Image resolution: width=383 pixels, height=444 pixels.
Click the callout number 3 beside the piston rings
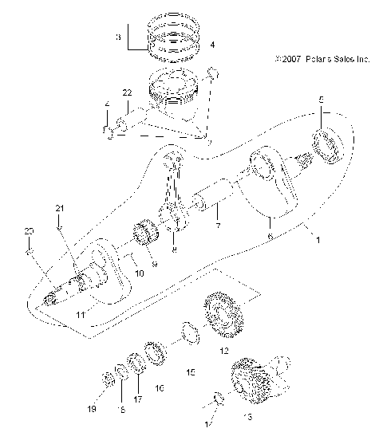point(118,37)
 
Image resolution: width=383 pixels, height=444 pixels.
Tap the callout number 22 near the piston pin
point(127,94)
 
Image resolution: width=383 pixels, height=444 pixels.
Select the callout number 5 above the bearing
point(322,101)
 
